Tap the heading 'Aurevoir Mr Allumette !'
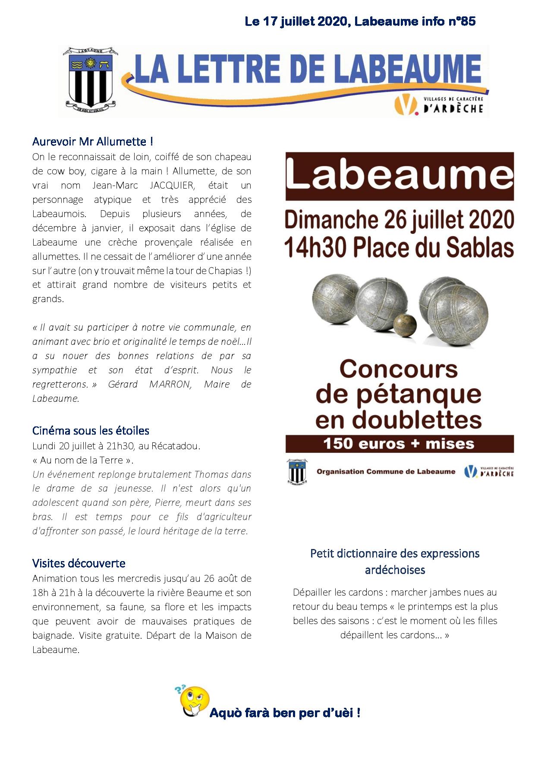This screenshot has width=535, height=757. coord(92,142)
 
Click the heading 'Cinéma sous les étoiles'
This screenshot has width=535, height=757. coord(91,430)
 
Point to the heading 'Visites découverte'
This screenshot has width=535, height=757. coord(79,563)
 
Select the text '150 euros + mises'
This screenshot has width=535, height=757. coord(399,444)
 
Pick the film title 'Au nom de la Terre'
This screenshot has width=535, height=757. coord(82,460)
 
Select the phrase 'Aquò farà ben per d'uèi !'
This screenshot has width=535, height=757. coord(285,713)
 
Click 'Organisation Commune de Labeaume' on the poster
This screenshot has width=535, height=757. coord(386,471)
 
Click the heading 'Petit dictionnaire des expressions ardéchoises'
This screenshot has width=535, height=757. coord(395,561)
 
